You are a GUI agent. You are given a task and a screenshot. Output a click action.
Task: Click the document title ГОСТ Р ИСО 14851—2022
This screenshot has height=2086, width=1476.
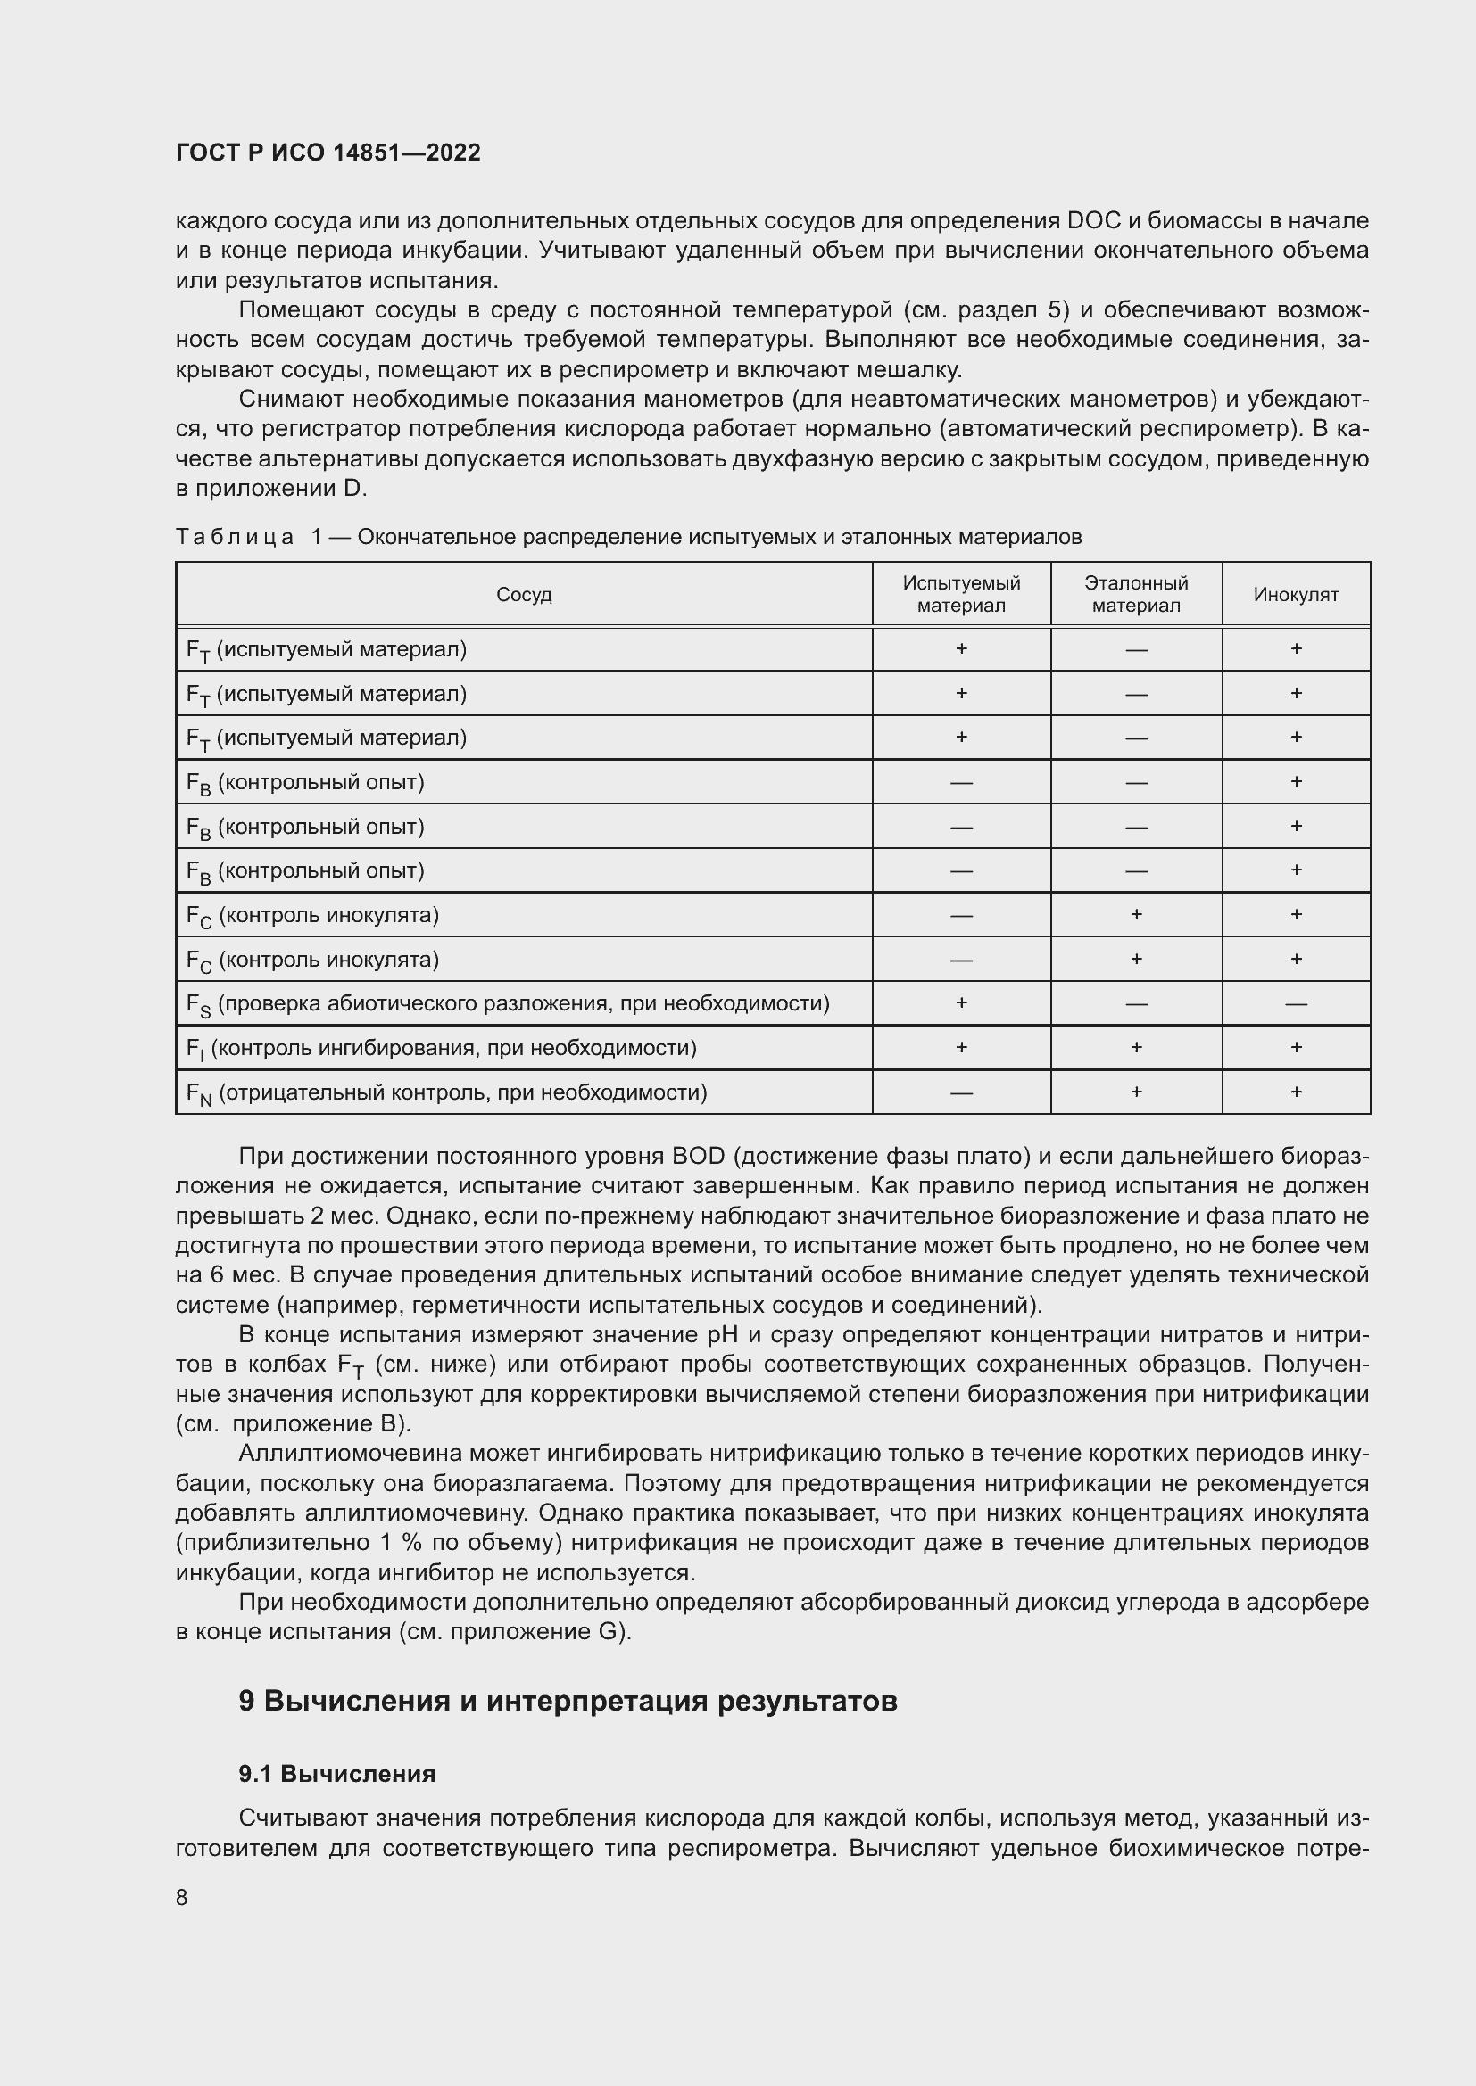328,153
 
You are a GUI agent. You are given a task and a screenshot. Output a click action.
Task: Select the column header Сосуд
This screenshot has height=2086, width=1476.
524,594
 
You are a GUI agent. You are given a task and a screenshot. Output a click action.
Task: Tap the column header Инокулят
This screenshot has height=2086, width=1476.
1295,594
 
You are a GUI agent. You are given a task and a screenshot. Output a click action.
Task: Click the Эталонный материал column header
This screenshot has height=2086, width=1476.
1135,594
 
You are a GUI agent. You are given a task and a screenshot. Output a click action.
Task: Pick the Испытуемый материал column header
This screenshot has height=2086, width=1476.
961,594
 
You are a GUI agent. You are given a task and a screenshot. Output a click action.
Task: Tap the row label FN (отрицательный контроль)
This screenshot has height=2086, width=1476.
446,1092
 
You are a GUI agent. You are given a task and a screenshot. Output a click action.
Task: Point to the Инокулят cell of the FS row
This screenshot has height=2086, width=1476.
1295,1004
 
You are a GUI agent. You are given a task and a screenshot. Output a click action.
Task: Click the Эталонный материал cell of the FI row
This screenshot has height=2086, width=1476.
1135,1048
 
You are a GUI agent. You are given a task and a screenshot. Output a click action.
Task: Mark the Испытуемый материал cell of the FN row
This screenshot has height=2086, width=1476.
961,1093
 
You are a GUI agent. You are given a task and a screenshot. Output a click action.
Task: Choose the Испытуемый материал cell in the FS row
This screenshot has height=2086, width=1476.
961,1003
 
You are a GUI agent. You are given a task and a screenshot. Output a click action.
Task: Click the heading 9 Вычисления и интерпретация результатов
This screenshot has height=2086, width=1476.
568,1700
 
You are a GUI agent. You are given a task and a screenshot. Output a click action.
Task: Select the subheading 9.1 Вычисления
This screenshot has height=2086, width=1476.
336,1774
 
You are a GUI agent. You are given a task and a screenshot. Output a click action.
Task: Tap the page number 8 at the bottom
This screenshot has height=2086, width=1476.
182,1898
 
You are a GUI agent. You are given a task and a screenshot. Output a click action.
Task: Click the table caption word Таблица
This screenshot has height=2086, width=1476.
235,537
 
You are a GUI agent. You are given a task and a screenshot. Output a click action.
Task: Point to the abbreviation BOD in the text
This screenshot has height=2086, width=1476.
698,1156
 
